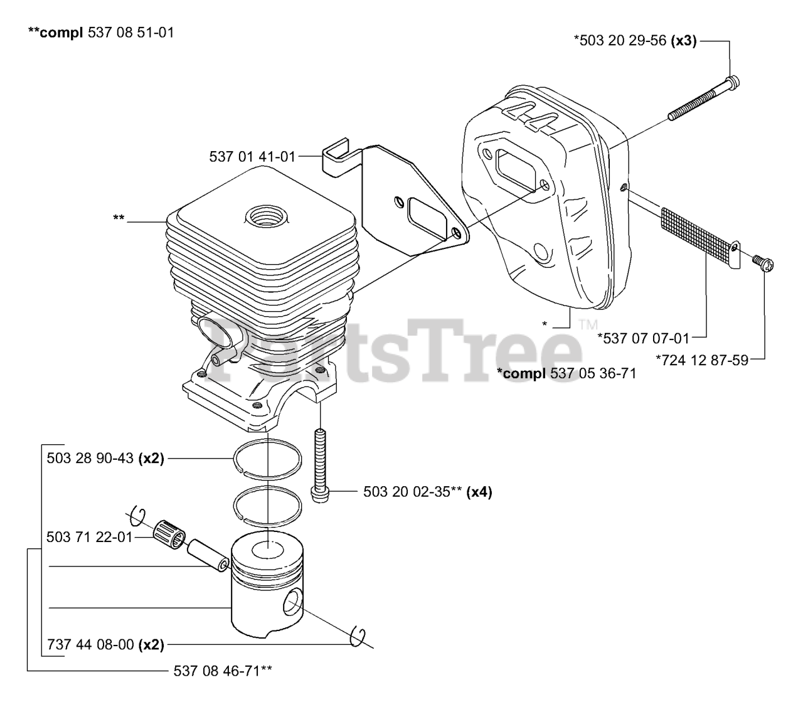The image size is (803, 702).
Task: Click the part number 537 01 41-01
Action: [252, 157]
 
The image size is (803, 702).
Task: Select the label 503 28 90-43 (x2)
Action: [105, 458]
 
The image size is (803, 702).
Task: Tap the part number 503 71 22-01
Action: [90, 537]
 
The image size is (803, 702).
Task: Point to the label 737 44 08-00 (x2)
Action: [105, 645]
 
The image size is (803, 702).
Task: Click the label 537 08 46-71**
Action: [223, 671]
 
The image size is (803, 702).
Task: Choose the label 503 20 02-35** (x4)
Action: [427, 492]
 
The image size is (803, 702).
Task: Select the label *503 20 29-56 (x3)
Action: [635, 40]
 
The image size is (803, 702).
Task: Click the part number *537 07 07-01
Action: [643, 338]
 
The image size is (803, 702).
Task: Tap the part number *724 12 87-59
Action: [702, 360]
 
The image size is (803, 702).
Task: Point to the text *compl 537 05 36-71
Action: [566, 373]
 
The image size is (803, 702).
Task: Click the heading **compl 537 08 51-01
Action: [101, 32]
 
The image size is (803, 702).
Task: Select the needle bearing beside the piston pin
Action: [170, 535]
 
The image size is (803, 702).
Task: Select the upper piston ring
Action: [268, 459]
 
